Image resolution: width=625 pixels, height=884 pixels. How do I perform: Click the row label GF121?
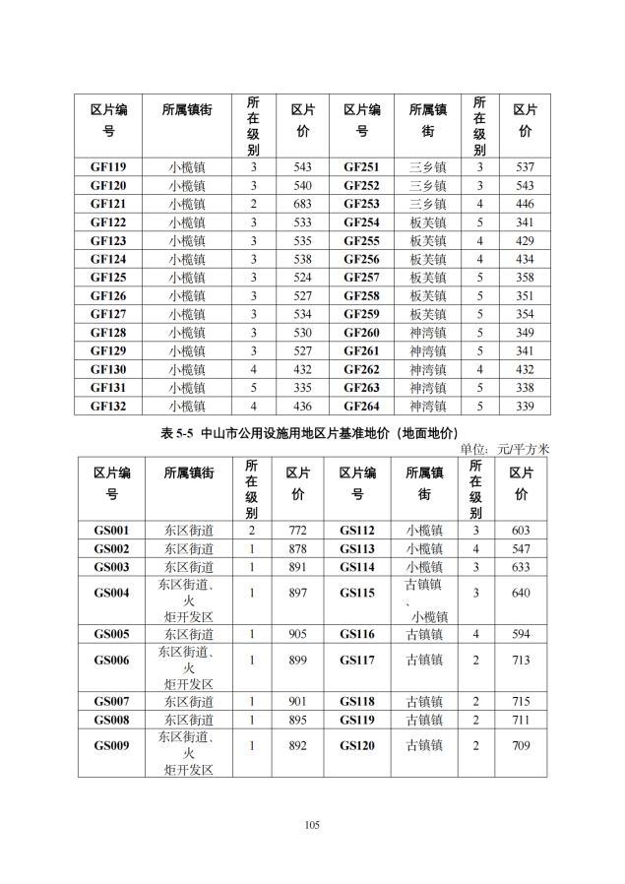pos(108,204)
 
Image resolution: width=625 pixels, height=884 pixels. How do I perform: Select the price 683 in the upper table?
pos(302,204)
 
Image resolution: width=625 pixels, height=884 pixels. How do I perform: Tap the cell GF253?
pos(361,204)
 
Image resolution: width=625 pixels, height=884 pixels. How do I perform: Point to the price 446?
pos(525,204)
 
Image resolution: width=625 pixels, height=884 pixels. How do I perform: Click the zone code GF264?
pos(361,407)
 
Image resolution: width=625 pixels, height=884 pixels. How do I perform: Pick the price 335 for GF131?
pos(302,388)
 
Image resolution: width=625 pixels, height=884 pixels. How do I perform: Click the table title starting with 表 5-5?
pos(309,433)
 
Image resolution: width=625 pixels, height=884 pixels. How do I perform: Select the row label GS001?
pos(111,530)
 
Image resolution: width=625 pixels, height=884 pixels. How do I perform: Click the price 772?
pos(297,530)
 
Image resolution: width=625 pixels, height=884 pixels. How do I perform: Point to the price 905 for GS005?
pos(297,634)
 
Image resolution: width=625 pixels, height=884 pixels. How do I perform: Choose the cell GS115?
pos(357,593)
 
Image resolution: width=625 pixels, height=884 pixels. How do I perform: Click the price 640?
pos(521,593)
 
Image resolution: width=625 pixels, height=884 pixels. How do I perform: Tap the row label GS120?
pos(357,745)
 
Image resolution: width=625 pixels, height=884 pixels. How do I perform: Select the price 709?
pos(521,745)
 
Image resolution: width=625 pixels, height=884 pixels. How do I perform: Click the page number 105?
pos(312,825)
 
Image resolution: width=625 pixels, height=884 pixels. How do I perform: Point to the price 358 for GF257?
pos(525,278)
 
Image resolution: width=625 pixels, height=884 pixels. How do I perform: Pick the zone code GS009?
pos(111,745)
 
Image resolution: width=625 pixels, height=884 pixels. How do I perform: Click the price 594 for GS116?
pos(521,634)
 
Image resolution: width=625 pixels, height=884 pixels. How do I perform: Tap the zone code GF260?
pos(361,333)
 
